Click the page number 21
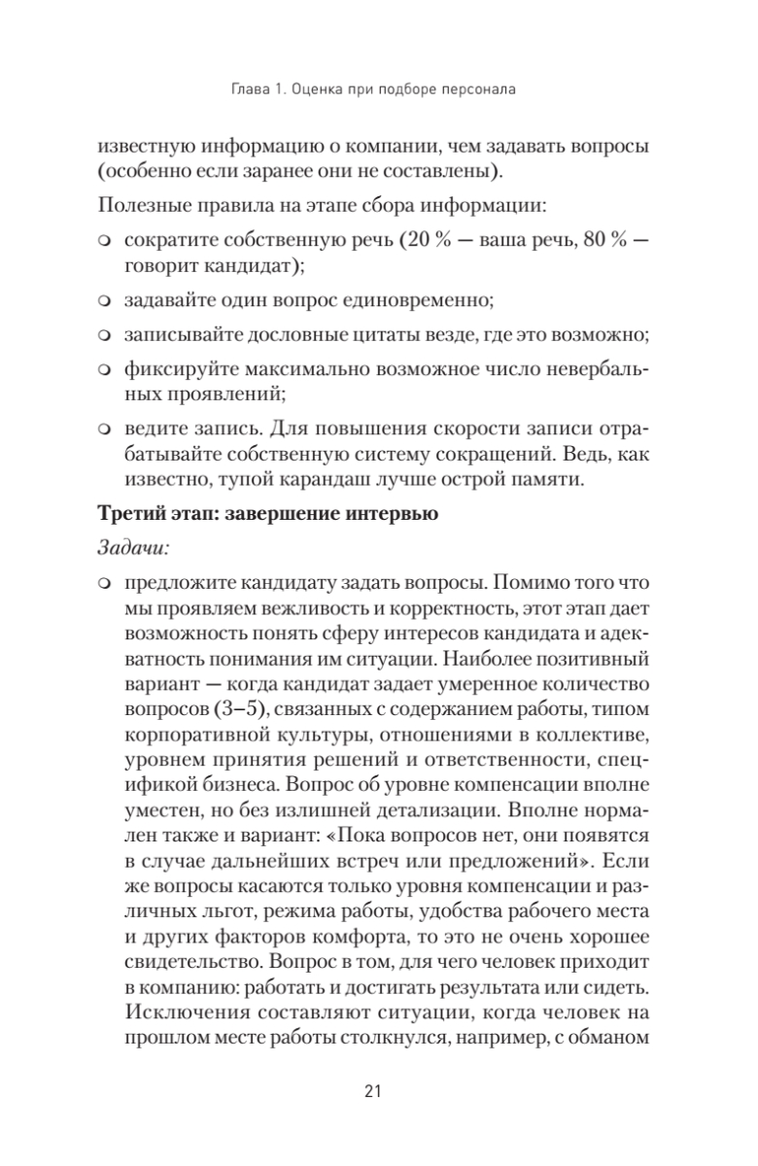pyautogui.click(x=378, y=1090)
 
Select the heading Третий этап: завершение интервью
pyautogui.click(x=269, y=515)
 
